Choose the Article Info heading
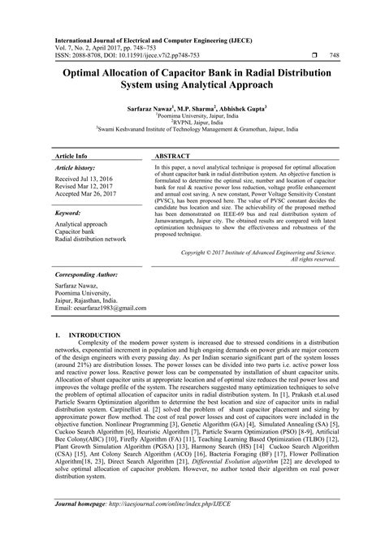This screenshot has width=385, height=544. click(x=74, y=153)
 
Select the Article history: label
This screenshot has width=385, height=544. click(x=77, y=166)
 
